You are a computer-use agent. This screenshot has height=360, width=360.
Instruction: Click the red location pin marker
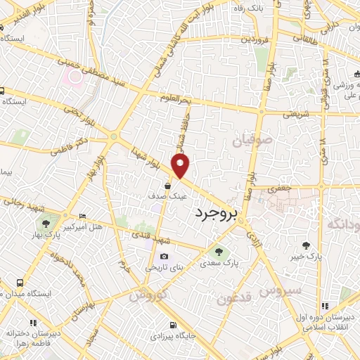pyautogui.click(x=181, y=166)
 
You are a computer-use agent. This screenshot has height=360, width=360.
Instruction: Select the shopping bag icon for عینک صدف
pyautogui.click(x=169, y=186)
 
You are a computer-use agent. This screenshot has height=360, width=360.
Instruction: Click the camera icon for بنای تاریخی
pyautogui.click(x=164, y=257)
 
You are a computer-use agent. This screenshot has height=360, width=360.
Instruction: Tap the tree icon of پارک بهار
pyautogui.click(x=46, y=224)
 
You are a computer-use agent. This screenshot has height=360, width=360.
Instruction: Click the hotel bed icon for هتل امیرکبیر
pyautogui.click(x=83, y=216)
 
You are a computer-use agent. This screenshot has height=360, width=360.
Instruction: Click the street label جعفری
pyautogui.click(x=279, y=189)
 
